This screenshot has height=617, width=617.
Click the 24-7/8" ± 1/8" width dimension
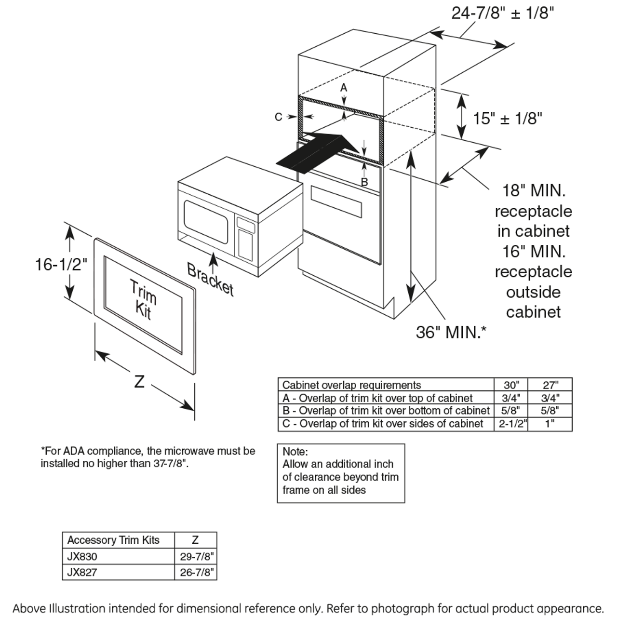[502, 13]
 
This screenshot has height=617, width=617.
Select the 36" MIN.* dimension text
[451, 332]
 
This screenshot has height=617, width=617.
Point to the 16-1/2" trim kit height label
[61, 264]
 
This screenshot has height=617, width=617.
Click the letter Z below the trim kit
[139, 382]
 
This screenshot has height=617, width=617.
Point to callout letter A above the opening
[344, 88]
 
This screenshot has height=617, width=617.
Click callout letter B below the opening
[364, 182]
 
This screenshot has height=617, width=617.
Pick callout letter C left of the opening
[278, 117]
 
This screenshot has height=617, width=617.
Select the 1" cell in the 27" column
[550, 424]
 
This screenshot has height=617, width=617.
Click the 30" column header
[511, 385]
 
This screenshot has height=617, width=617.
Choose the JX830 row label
[82, 556]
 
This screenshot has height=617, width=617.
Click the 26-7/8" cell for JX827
[196, 572]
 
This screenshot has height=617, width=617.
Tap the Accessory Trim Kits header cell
[113, 540]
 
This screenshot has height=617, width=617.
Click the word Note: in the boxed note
[295, 452]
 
